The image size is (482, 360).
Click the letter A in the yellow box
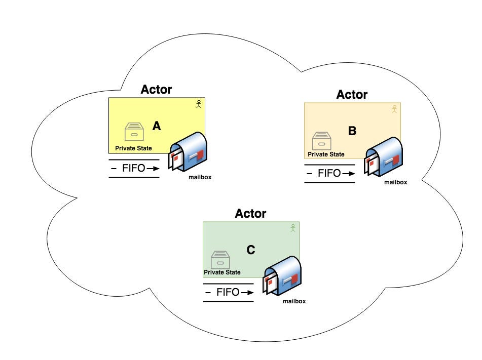point(157,127)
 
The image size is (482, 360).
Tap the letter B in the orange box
point(352,131)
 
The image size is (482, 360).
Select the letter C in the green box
point(250,250)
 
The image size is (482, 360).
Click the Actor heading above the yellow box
point(156,90)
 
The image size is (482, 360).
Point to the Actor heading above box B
point(352,95)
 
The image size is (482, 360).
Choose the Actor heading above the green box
point(250,213)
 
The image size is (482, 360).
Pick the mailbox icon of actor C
point(283,275)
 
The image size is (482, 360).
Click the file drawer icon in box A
point(134,132)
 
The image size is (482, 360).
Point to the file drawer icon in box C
point(220,260)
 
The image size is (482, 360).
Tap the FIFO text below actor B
point(329,173)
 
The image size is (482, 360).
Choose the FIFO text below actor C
point(228,292)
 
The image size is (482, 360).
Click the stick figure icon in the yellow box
point(199,104)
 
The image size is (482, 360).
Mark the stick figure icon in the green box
point(292,228)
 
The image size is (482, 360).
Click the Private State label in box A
point(133,148)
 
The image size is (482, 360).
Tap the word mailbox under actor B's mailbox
point(395,182)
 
